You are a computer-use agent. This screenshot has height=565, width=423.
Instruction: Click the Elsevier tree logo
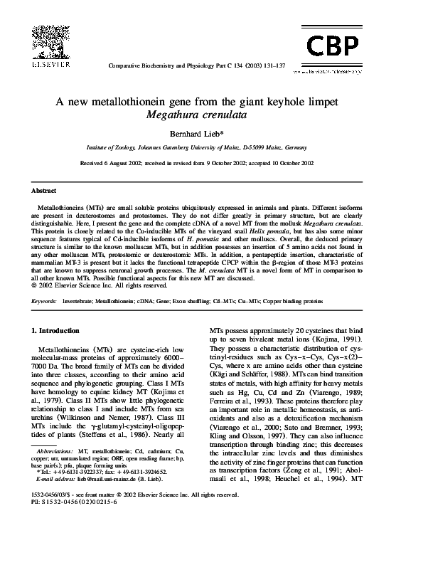tap(49, 41)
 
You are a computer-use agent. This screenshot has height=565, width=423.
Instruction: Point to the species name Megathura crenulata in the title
tap(211, 114)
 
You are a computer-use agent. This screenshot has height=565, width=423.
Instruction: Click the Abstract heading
tap(43, 191)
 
